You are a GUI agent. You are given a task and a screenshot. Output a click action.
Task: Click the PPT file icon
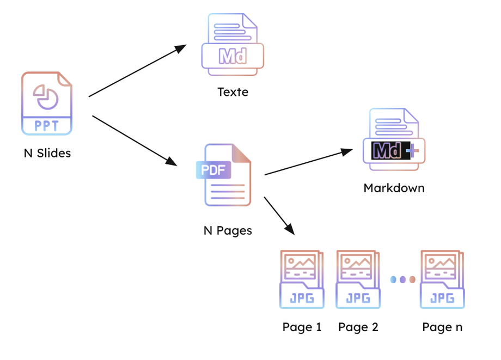47,103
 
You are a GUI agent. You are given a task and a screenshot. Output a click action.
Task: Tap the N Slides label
47,153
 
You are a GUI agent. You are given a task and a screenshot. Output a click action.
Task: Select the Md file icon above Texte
233,44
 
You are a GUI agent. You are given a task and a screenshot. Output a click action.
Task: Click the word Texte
233,92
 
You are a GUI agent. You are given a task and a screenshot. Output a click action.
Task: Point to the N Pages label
228,230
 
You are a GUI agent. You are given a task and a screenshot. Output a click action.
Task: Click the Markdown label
394,188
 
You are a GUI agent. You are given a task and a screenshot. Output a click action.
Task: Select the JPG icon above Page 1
302,279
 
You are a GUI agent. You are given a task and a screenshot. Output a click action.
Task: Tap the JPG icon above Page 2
358,279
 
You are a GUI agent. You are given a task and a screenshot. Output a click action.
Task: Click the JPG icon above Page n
442,279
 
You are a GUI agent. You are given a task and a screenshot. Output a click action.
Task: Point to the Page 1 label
302,327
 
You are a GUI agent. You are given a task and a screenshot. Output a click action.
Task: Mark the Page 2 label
358,327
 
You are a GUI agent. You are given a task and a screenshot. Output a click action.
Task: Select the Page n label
442,327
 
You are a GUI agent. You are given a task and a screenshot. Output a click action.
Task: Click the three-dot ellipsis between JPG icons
402,279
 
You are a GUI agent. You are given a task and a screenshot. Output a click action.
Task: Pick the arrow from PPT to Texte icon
137,71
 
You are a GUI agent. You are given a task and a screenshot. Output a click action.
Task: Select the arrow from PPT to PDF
135,141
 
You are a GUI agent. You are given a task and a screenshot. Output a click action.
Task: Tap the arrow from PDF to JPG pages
279,216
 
